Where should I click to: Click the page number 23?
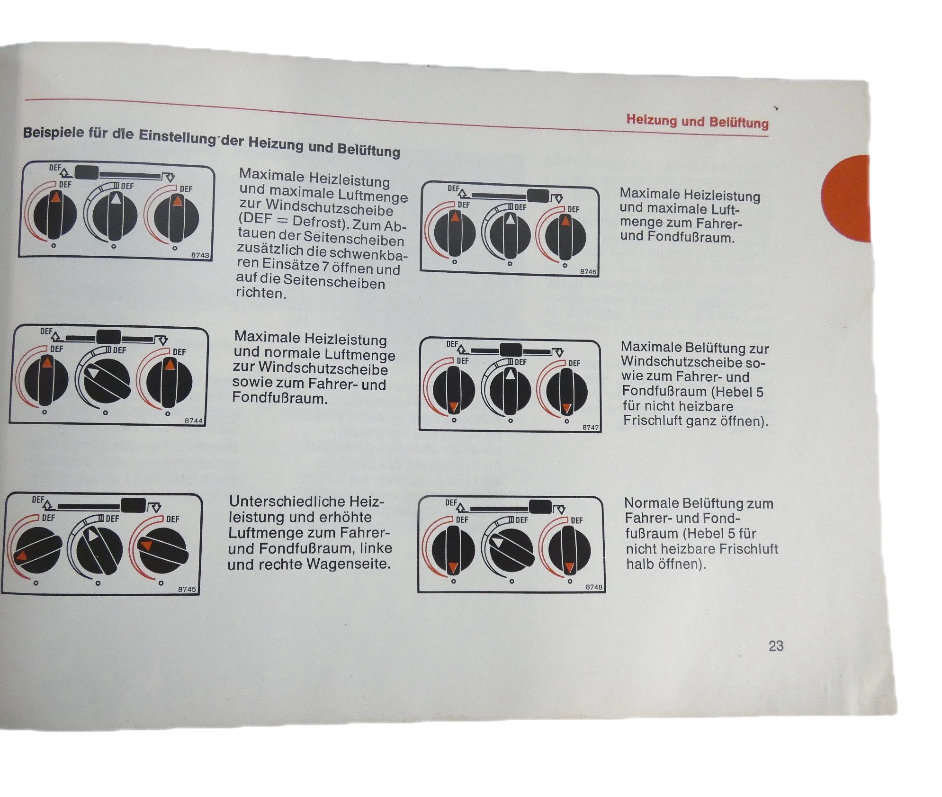point(776,646)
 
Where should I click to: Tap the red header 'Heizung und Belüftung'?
point(697,122)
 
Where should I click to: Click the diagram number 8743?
point(200,255)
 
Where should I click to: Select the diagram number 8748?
point(594,587)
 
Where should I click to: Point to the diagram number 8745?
point(187,589)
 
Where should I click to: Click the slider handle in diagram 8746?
point(538,196)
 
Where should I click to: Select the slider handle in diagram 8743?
point(87,172)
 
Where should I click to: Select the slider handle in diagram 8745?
point(133,505)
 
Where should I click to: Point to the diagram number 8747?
point(591,427)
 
